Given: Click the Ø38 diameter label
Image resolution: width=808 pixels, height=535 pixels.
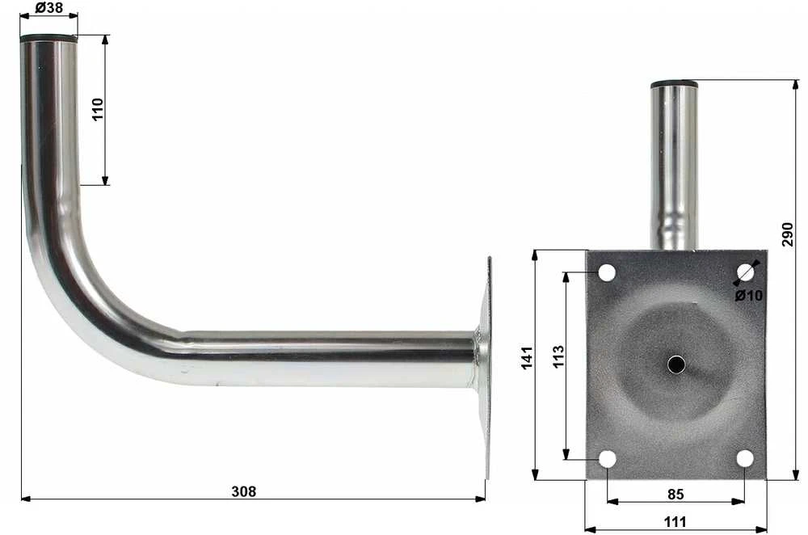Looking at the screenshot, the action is [x=49, y=7].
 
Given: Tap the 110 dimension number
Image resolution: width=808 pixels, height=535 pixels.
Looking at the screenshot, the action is [x=98, y=109].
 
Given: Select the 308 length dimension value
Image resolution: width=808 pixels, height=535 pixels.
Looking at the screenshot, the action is [x=243, y=491].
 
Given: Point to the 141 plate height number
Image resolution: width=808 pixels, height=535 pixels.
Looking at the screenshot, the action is [x=527, y=358].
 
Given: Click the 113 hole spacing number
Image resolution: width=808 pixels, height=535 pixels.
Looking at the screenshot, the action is [x=558, y=356].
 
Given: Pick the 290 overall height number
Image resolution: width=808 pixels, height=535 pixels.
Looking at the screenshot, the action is [x=787, y=234].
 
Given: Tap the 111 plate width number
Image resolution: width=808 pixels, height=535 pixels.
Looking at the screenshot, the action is [x=675, y=522].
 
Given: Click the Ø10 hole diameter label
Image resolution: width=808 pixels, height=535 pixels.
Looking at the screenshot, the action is [x=748, y=295].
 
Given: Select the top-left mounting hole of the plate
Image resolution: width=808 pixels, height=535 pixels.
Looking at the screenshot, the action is [x=607, y=272].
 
